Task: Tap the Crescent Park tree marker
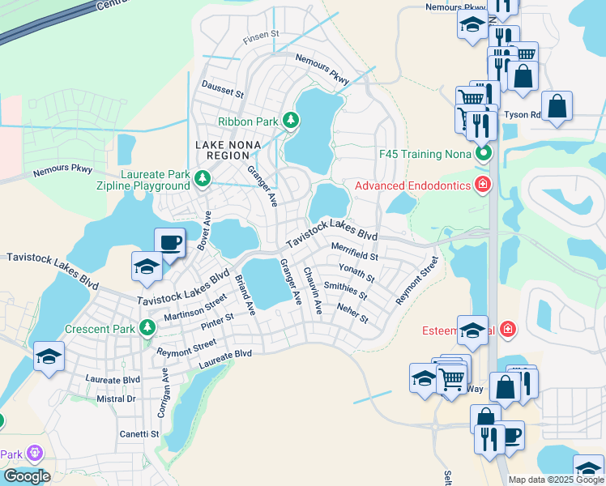[x=147, y=327]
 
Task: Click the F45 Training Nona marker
[x=484, y=153]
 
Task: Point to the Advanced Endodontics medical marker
[x=484, y=185]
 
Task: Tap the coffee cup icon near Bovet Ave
[x=170, y=242]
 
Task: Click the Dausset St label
[x=222, y=92]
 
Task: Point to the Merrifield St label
[x=355, y=250]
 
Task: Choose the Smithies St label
[x=345, y=291]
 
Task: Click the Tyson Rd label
[x=523, y=114]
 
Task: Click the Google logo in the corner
[x=27, y=476]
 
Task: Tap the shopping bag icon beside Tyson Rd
[x=557, y=106]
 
